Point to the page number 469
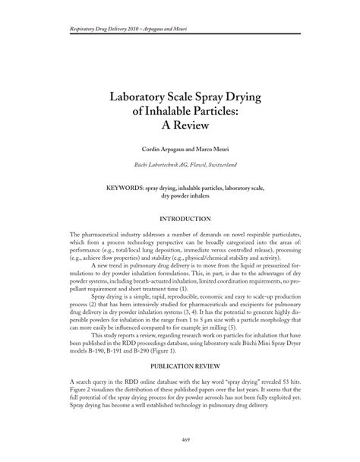[x=180, y=440]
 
